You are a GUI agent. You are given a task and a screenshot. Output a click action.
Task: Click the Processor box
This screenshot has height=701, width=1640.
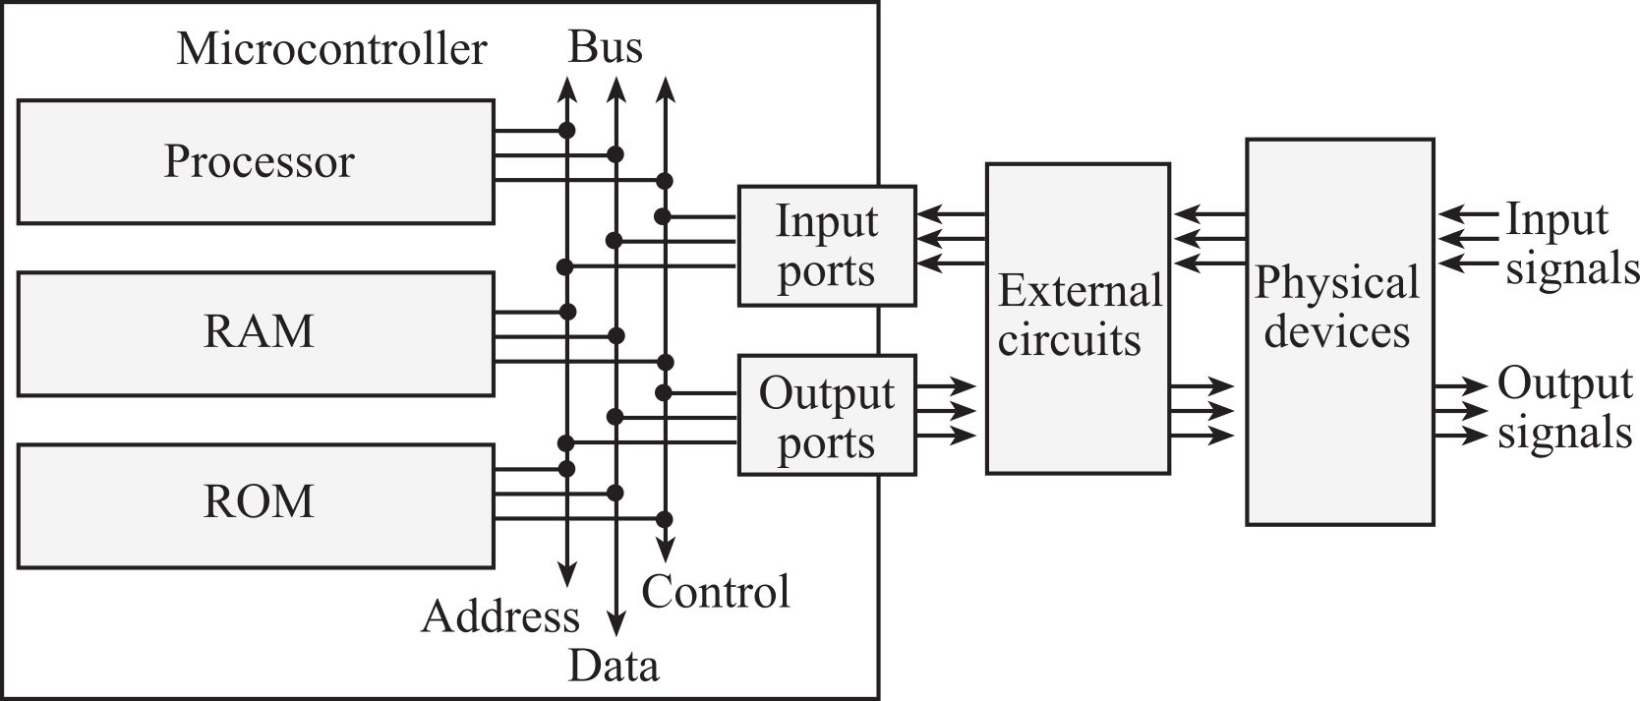click(x=256, y=162)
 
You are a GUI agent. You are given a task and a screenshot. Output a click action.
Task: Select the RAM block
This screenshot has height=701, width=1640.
click(x=256, y=333)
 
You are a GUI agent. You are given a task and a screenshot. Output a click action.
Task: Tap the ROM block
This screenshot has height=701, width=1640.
click(x=256, y=504)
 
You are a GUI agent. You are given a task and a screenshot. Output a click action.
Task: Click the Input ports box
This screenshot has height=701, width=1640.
click(x=826, y=246)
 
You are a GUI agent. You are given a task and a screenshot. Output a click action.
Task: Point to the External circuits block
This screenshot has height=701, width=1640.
click(x=1078, y=319)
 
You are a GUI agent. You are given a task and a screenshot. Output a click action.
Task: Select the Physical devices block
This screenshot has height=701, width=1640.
click(x=1339, y=331)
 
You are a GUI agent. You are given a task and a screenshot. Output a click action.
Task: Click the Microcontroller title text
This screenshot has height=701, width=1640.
click(x=331, y=49)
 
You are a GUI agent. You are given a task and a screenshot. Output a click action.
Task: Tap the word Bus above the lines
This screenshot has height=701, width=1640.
click(x=605, y=47)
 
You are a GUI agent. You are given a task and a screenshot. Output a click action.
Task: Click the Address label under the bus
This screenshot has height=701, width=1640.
click(x=500, y=617)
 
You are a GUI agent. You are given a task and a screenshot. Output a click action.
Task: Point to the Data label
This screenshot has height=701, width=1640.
click(x=613, y=667)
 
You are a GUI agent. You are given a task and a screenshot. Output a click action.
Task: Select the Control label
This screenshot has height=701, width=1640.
click(x=716, y=592)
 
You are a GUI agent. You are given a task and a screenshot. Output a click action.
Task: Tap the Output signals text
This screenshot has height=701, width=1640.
click(x=1563, y=408)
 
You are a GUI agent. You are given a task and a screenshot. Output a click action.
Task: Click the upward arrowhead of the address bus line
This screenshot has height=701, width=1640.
click(x=566, y=88)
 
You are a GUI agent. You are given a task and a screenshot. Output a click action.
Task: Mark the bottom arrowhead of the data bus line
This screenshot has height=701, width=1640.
click(x=615, y=623)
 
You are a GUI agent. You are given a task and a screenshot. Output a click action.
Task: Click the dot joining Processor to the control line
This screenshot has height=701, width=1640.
click(x=665, y=181)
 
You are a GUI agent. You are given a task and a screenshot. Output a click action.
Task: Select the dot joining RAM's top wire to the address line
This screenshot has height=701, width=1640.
click(x=566, y=312)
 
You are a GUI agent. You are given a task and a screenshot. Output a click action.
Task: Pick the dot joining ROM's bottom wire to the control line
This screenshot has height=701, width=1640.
click(x=665, y=518)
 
